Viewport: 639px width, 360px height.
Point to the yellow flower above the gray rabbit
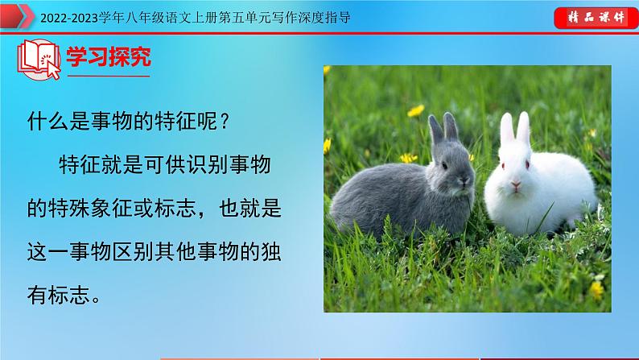click(x=415, y=110)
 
